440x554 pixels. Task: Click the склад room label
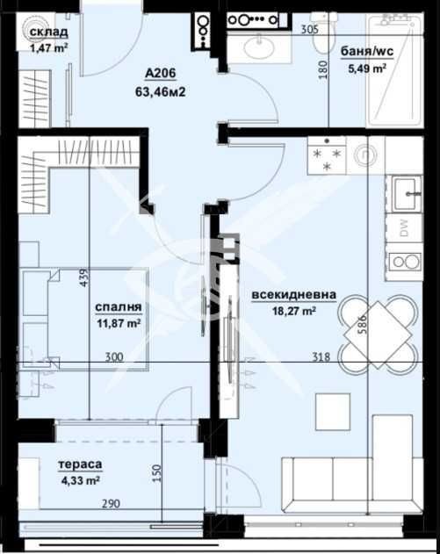49,32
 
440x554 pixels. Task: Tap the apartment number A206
161,73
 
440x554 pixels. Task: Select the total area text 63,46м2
161,92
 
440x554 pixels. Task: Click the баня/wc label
367,52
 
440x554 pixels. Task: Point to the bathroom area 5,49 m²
367,68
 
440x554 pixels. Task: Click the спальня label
119,307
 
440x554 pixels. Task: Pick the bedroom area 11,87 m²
119,323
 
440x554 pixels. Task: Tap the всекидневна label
293,295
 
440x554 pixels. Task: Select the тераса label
80,464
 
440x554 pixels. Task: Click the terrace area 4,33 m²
81,480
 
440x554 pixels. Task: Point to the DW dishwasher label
404,228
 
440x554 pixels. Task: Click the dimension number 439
84,277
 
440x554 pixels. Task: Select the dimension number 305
309,30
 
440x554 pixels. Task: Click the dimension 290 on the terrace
111,503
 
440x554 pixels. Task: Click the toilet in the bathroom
321,34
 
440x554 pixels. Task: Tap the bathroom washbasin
259,46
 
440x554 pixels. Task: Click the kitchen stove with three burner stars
327,155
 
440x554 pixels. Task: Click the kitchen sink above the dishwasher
404,194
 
